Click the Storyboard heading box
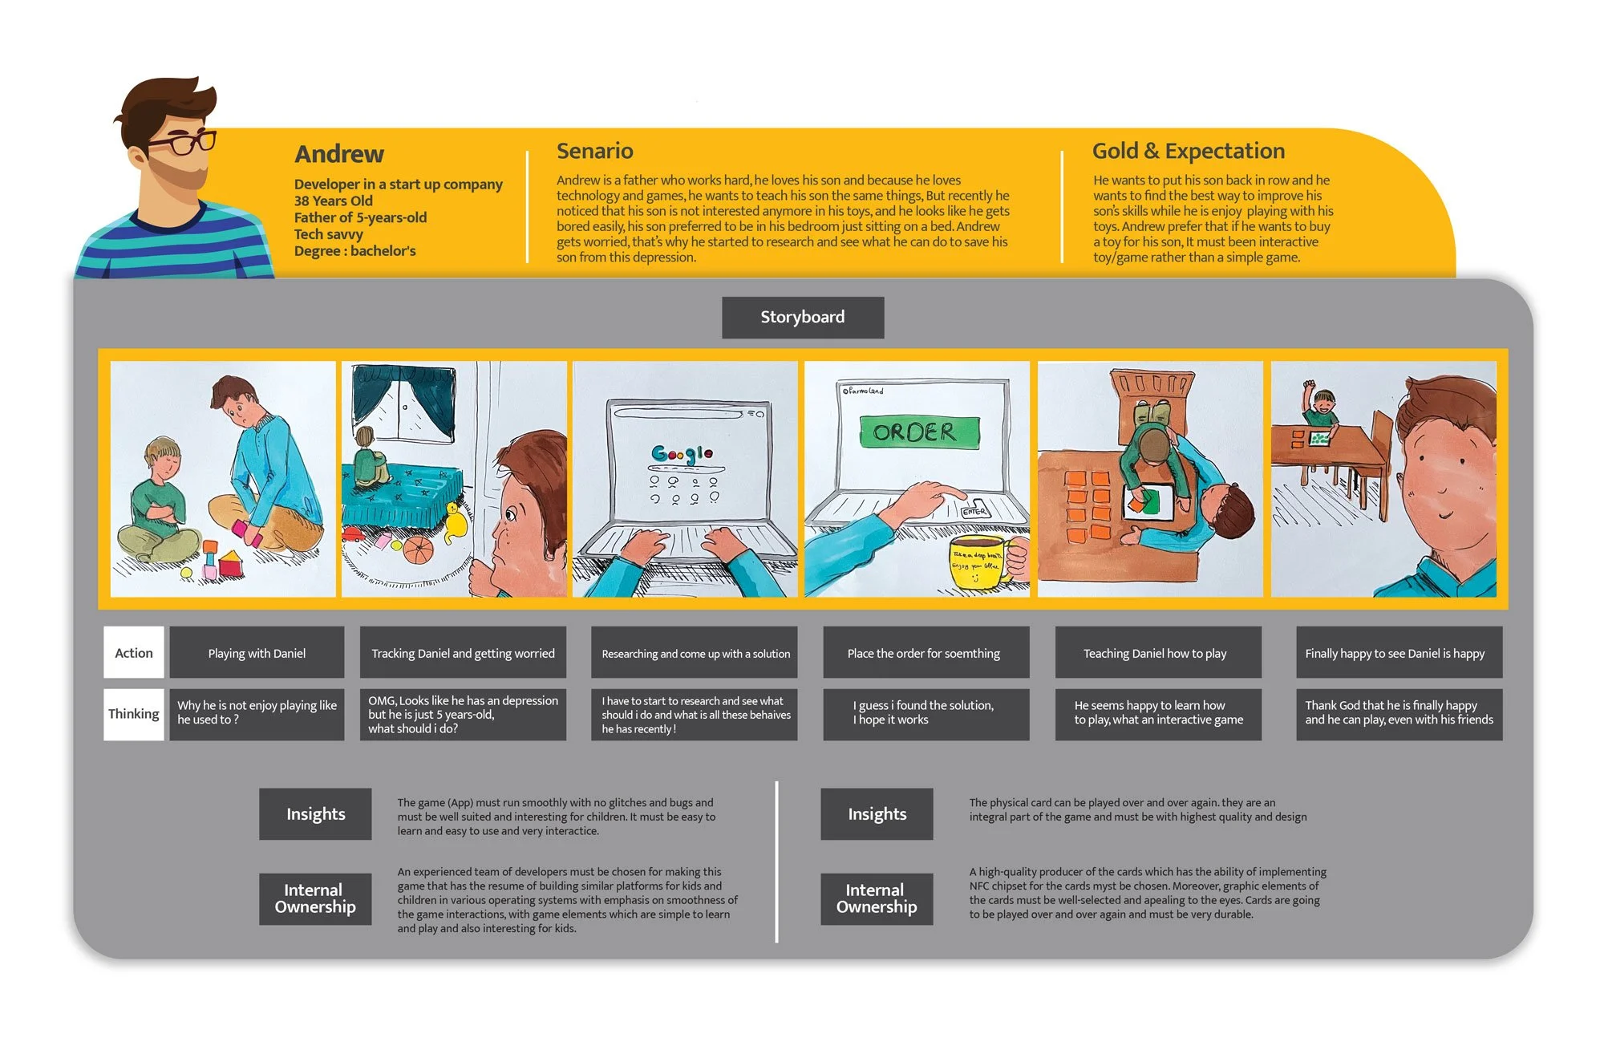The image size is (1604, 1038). coord(803,317)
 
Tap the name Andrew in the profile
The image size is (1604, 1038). coord(339,153)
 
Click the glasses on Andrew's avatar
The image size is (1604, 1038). coord(181,143)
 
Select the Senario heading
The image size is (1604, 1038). coord(595,151)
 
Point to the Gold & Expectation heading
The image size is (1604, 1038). coord(1189,151)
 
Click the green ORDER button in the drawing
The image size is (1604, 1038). coord(919,432)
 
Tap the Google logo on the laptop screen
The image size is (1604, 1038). coord(682,454)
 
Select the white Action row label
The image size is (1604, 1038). coord(134,653)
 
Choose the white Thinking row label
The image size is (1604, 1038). coord(134,714)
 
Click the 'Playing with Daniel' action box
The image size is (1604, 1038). coord(257,653)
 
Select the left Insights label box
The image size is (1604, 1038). coord(315,814)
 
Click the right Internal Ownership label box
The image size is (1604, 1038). coord(877,898)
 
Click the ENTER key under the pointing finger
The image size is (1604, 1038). coord(975,511)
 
